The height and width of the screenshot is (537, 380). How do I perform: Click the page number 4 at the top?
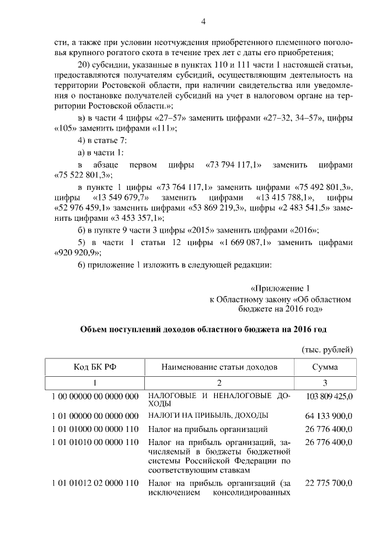(x=203, y=23)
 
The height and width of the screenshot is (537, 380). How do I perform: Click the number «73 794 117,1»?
(x=234, y=164)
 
